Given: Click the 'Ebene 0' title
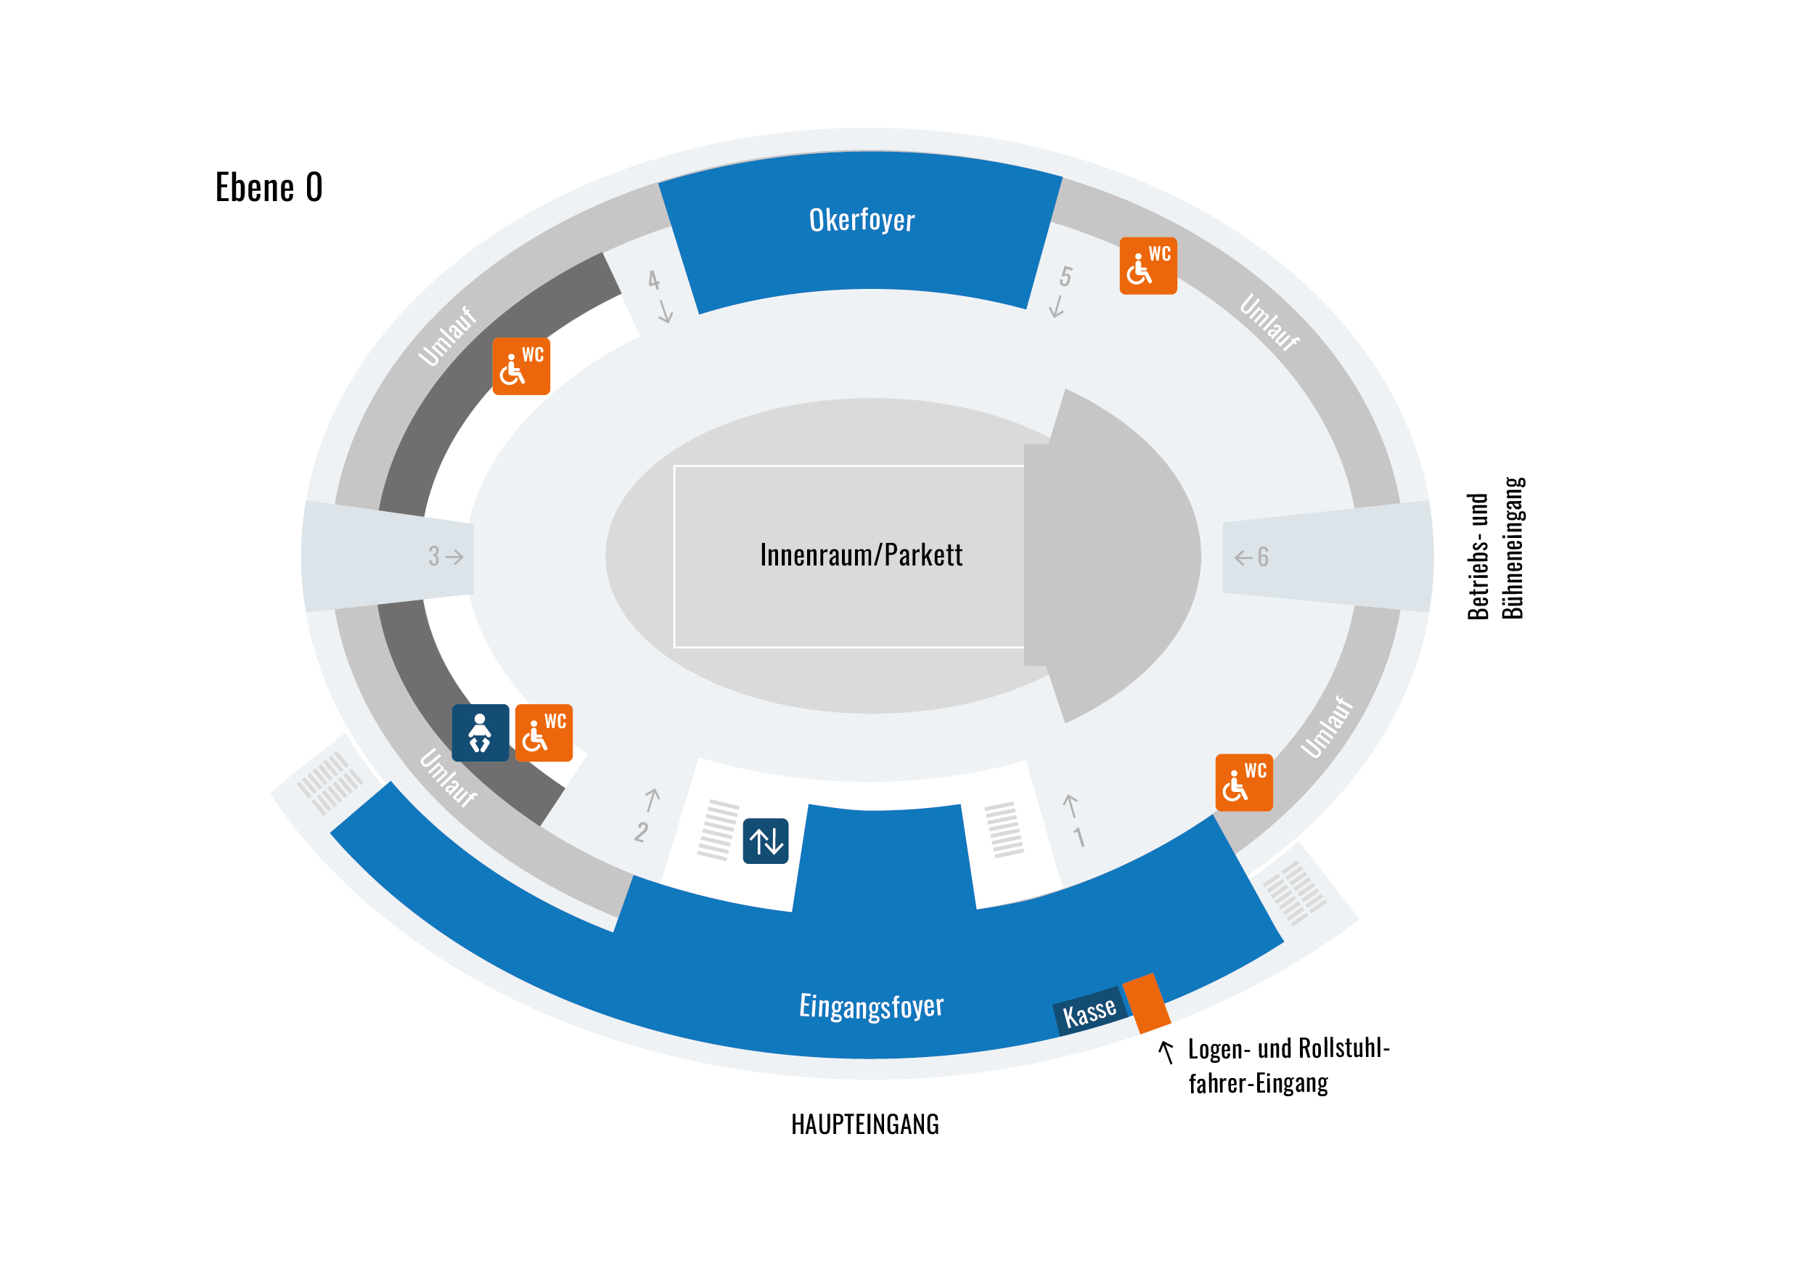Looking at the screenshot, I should coord(268,187).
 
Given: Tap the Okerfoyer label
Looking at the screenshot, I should coord(861,221).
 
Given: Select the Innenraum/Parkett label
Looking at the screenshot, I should coord(860,555).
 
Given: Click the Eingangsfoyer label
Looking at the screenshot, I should coord(870,1005).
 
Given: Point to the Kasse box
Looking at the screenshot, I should coord(1088,1012).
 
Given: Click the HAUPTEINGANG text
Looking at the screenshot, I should coord(864,1125).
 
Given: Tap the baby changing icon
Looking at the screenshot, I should coord(480,733).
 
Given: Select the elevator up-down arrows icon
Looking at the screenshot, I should coord(765,841).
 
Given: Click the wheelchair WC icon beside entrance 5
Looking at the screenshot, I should coord(1147,266).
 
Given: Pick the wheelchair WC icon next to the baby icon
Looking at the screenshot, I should coord(544,733).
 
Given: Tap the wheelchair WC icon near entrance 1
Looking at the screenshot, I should coord(1243,782).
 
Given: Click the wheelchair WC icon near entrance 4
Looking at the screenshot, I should coord(520,367).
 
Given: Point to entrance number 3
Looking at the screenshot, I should coord(433,556).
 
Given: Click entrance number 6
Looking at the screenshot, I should coord(1262,557).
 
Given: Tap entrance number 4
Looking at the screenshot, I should coord(654,280).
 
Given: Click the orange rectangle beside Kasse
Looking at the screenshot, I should coord(1146,1003).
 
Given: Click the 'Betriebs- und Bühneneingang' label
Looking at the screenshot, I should coord(1495,549).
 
